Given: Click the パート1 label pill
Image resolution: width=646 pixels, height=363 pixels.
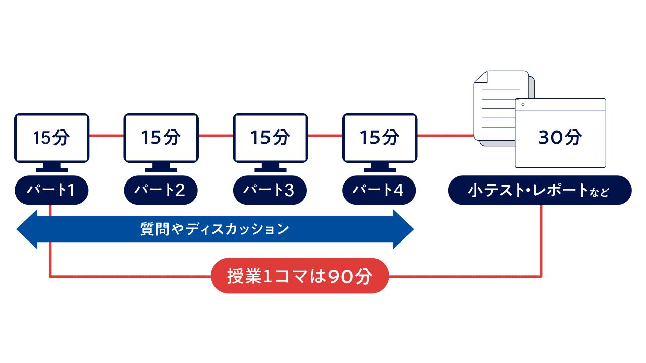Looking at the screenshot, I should pyautogui.click(x=51, y=190).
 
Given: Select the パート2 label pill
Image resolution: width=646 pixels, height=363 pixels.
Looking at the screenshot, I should pyautogui.click(x=160, y=190).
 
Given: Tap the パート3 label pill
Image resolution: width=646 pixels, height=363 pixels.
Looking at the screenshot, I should pyautogui.click(x=270, y=190).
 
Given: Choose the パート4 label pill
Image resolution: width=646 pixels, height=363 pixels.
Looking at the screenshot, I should pyautogui.click(x=379, y=190).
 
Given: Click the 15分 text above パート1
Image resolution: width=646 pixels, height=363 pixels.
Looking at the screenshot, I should pyautogui.click(x=51, y=138).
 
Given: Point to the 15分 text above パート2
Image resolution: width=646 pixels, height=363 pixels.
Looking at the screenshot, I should pyautogui.click(x=160, y=138).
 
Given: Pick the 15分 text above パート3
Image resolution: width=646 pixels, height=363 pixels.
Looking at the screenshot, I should pyautogui.click(x=270, y=138).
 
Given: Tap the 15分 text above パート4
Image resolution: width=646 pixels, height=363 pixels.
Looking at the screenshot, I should pyautogui.click(x=379, y=138).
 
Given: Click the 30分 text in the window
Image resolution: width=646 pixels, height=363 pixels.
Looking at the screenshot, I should pyautogui.click(x=560, y=137).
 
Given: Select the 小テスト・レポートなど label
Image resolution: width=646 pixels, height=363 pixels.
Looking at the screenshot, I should pyautogui.click(x=540, y=190).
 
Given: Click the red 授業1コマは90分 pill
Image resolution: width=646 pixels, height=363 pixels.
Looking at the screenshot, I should pyautogui.click(x=300, y=276).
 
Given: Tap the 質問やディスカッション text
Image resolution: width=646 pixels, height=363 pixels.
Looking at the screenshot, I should pyautogui.click(x=214, y=229).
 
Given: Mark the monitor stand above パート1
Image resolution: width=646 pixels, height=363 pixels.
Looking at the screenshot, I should pyautogui.click(x=51, y=167).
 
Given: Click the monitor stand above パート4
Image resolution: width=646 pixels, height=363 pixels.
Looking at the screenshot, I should pyautogui.click(x=379, y=167).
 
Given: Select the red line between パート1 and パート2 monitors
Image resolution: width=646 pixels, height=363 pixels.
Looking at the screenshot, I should pyautogui.click(x=106, y=136).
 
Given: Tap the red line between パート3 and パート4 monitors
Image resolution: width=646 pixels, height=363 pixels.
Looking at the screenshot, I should pyautogui.click(x=325, y=136).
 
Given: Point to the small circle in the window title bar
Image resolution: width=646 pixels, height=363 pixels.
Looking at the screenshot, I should pyautogui.click(x=523, y=105).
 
